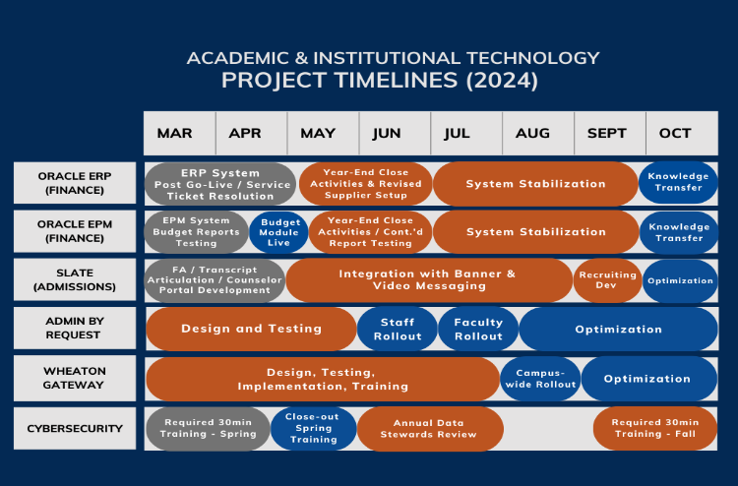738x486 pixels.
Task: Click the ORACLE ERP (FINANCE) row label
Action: pyautogui.click(x=75, y=183)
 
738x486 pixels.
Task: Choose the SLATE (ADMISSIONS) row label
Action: pyautogui.click(x=75, y=279)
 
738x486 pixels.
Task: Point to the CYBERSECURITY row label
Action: pyautogui.click(x=75, y=429)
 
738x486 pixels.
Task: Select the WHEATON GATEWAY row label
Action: pyautogui.click(x=75, y=378)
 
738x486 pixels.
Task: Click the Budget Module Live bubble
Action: pyautogui.click(x=278, y=232)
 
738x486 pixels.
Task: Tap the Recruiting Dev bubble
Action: pyautogui.click(x=608, y=280)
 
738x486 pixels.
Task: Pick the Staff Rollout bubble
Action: pyautogui.click(x=398, y=329)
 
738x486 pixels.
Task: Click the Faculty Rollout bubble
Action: pyautogui.click(x=478, y=329)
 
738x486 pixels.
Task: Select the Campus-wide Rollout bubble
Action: pyautogui.click(x=540, y=379)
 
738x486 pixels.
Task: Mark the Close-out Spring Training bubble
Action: pyautogui.click(x=314, y=428)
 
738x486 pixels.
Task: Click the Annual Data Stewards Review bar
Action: pyautogui.click(x=430, y=429)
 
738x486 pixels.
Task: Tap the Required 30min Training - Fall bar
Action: pyautogui.click(x=655, y=428)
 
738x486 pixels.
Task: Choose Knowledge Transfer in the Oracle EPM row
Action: pyautogui.click(x=679, y=232)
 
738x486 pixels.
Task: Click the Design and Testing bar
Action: pyautogui.click(x=251, y=329)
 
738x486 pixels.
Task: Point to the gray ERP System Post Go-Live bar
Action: pyautogui.click(x=220, y=184)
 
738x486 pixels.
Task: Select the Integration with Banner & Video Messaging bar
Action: pyautogui.click(x=429, y=280)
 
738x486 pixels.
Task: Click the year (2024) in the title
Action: pyautogui.click(x=502, y=80)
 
